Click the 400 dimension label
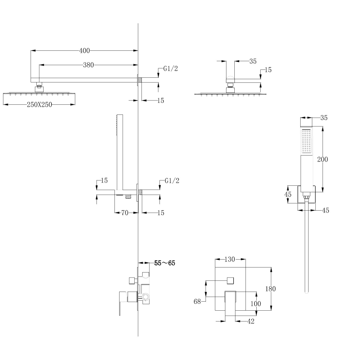pos(84,51)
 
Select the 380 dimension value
pos(88,65)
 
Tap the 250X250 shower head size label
pos(39,104)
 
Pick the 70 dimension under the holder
pos(125,213)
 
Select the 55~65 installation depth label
pos(165,263)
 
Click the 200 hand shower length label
pos(322,159)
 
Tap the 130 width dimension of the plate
pos(230,259)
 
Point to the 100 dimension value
pos(255,304)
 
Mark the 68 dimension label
pos(197,302)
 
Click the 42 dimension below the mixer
pos(251,321)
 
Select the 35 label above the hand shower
pos(324,118)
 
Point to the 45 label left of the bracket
pos(288,194)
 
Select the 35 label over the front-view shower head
pos(253,62)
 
